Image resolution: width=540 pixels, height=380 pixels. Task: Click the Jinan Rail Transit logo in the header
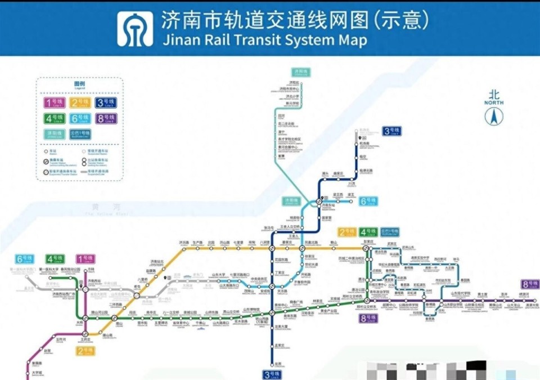click(x=135, y=29)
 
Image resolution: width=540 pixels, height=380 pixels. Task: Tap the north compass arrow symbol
click(x=494, y=117)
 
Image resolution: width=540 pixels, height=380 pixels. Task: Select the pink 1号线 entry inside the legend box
click(x=55, y=102)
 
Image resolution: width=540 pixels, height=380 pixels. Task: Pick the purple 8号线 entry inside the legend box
click(x=106, y=119)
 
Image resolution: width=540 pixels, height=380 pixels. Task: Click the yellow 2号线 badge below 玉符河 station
click(x=86, y=351)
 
